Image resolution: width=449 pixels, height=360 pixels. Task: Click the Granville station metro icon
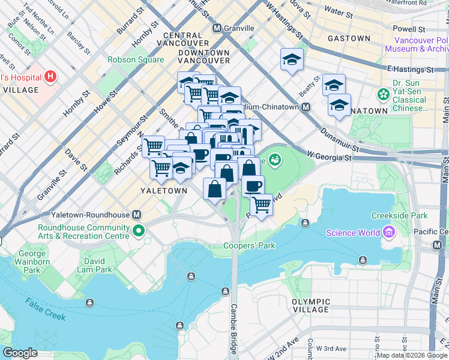[x=217, y=28]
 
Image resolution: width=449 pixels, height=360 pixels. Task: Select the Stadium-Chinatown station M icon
[x=306, y=107]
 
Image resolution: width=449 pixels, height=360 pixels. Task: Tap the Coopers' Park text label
[x=249, y=245]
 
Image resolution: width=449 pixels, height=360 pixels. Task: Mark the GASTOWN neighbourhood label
[x=349, y=38]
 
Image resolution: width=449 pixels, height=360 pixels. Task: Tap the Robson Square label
[x=136, y=60]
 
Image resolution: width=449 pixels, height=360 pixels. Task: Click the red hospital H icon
[x=50, y=77]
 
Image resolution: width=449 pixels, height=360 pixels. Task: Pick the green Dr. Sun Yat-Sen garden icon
[x=382, y=95]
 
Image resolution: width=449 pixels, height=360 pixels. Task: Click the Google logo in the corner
[x=20, y=353]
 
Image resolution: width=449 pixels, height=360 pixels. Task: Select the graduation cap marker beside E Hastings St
[x=292, y=59]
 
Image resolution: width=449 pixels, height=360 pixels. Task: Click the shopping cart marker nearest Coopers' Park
[x=261, y=205]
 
